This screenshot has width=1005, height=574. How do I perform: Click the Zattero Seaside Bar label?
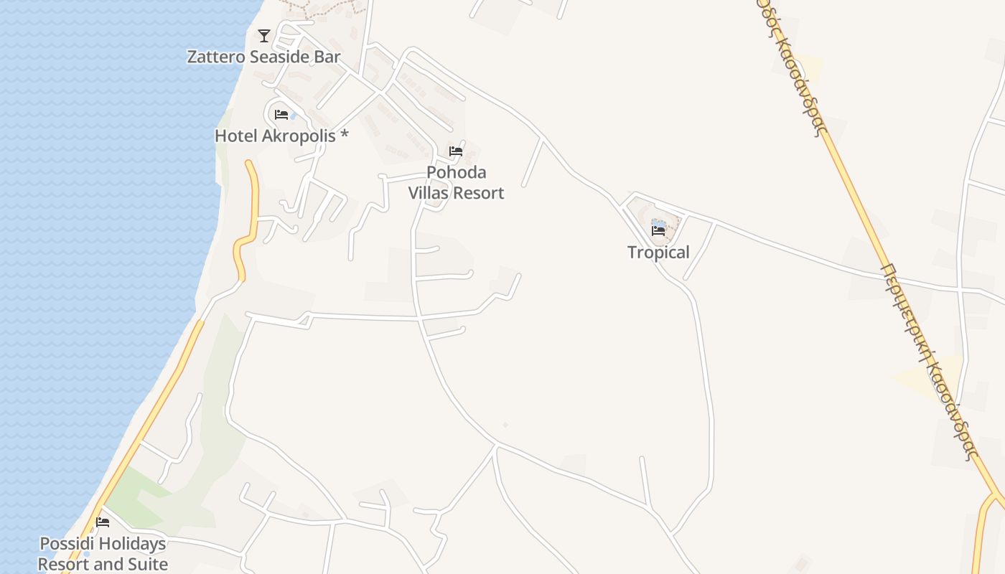coord(263,57)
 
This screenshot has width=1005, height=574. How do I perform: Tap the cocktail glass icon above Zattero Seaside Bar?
coord(264,35)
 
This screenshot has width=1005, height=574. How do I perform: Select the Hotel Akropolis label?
coord(281,135)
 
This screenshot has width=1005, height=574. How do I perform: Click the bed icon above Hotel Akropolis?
coord(281,115)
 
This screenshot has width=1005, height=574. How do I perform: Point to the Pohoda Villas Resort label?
coord(456,182)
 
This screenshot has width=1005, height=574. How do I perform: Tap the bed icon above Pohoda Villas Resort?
coord(456,151)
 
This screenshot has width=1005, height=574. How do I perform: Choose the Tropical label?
coord(658,252)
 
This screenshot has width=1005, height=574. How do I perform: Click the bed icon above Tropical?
coord(658,230)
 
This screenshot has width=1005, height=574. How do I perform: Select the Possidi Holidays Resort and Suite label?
coord(103,554)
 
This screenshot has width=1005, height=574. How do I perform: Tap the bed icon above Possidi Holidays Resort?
coord(103,522)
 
